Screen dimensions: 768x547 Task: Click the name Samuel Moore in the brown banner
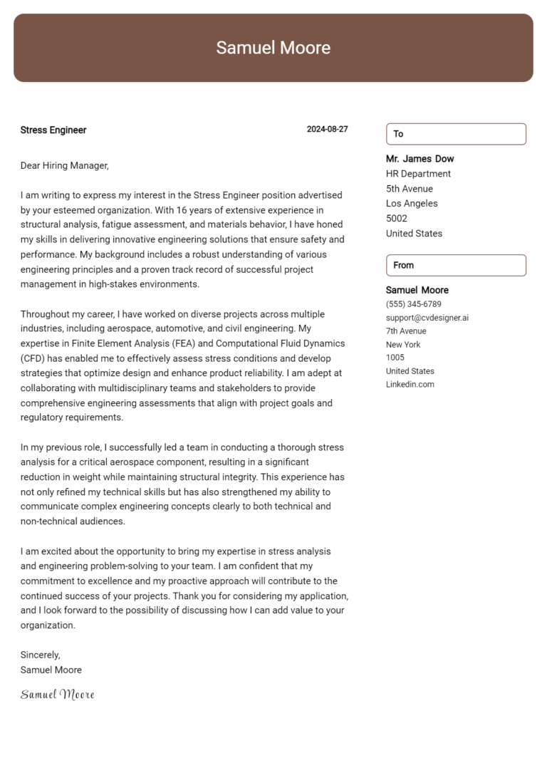[x=273, y=48]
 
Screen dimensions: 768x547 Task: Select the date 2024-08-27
[x=327, y=130]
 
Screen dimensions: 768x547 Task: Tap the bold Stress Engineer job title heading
[x=53, y=130]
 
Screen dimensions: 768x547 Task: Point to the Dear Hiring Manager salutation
[x=65, y=165]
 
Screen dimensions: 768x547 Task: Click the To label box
[x=456, y=134]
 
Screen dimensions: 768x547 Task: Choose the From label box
[x=456, y=265]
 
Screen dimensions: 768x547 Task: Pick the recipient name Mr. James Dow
[x=420, y=159]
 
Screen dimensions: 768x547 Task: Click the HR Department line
[x=418, y=174]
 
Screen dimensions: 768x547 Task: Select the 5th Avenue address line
[x=409, y=189]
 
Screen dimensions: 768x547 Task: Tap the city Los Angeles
[x=412, y=204]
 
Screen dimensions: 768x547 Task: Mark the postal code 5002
[x=397, y=219]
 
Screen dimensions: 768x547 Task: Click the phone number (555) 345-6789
[x=413, y=304]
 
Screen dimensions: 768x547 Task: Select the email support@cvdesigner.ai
[x=427, y=318]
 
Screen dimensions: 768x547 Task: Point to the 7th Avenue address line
[x=406, y=331]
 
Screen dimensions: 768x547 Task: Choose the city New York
[x=403, y=345]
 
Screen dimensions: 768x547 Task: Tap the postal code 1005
[x=395, y=358]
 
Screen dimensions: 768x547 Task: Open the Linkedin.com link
[x=410, y=385]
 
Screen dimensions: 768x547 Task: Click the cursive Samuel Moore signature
[x=57, y=695]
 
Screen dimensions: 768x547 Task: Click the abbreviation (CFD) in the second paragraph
[x=33, y=358]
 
